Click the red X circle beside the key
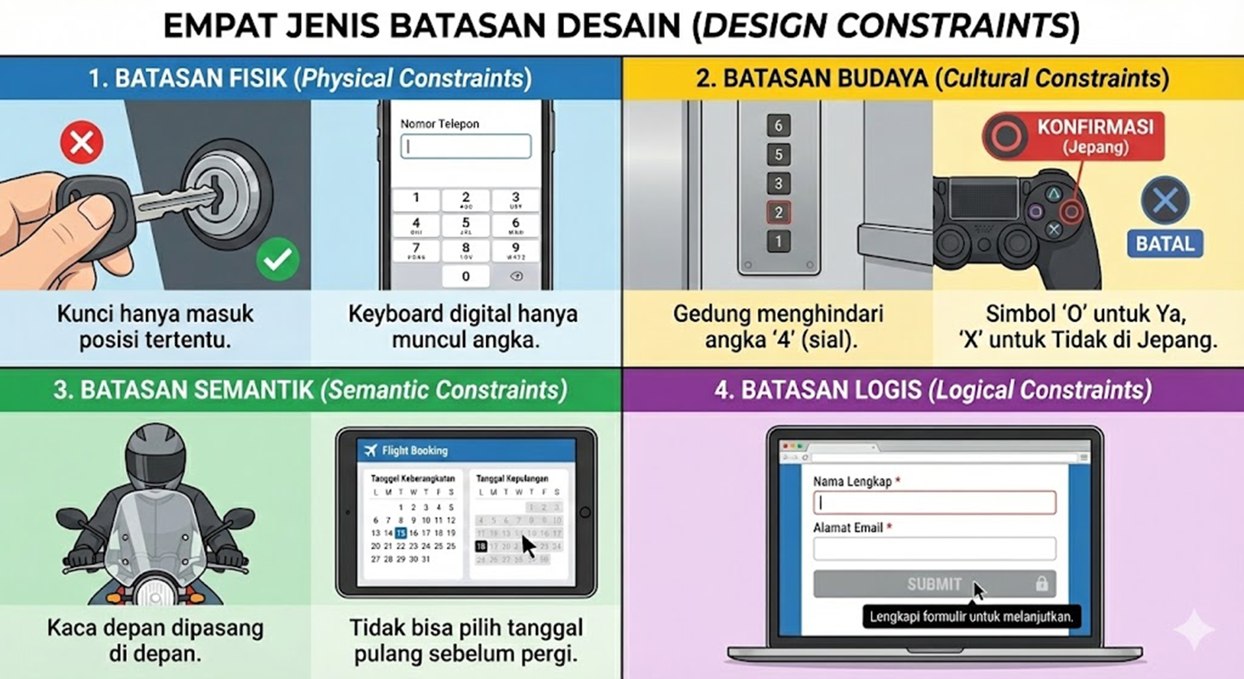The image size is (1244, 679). pos(82,142)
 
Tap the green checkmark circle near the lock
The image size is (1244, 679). pos(278,258)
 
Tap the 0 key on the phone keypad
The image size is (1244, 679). pos(466,276)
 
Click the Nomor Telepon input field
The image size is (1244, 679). pos(466,146)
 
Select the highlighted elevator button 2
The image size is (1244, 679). pos(778,212)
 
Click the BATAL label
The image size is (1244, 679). pos(1165,244)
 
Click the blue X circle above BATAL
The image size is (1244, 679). pos(1165,200)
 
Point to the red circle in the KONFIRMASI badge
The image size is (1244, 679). pos(1006,136)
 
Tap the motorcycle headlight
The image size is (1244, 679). pos(156,596)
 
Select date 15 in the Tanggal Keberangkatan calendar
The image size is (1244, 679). pos(401,533)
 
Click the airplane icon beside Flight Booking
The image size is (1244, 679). pos(371,450)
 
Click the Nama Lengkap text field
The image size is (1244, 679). pos(934,503)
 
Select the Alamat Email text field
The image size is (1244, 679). pos(934,549)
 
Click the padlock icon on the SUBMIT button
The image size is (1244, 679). pos(1041,583)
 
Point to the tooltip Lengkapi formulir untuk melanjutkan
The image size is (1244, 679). pos(971,617)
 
